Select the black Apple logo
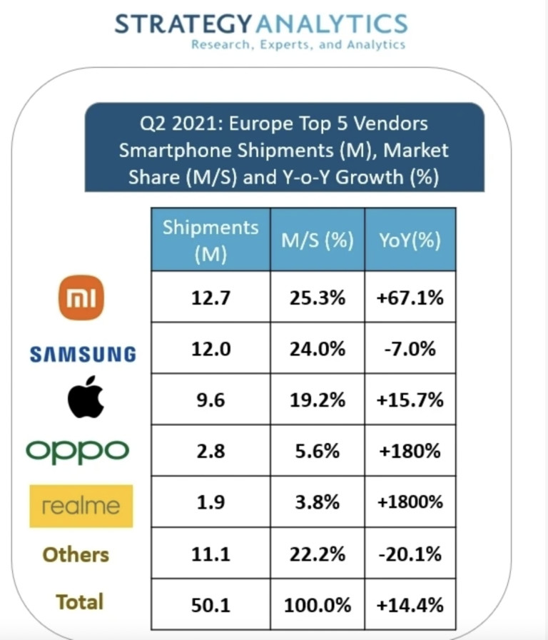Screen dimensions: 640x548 (85, 399)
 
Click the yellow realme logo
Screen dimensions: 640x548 (81, 506)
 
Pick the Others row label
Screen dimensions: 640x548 (76, 554)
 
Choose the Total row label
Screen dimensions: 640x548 (80, 602)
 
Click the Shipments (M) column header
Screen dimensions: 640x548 (210, 240)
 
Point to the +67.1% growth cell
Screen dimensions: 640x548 (410, 297)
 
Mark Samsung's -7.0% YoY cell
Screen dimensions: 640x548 (410, 349)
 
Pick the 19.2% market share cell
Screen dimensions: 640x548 (317, 400)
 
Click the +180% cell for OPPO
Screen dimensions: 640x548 (410, 451)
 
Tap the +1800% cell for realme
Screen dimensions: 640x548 (410, 502)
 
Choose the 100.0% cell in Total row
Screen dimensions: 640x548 (317, 605)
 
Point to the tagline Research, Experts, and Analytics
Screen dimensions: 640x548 (298, 45)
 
